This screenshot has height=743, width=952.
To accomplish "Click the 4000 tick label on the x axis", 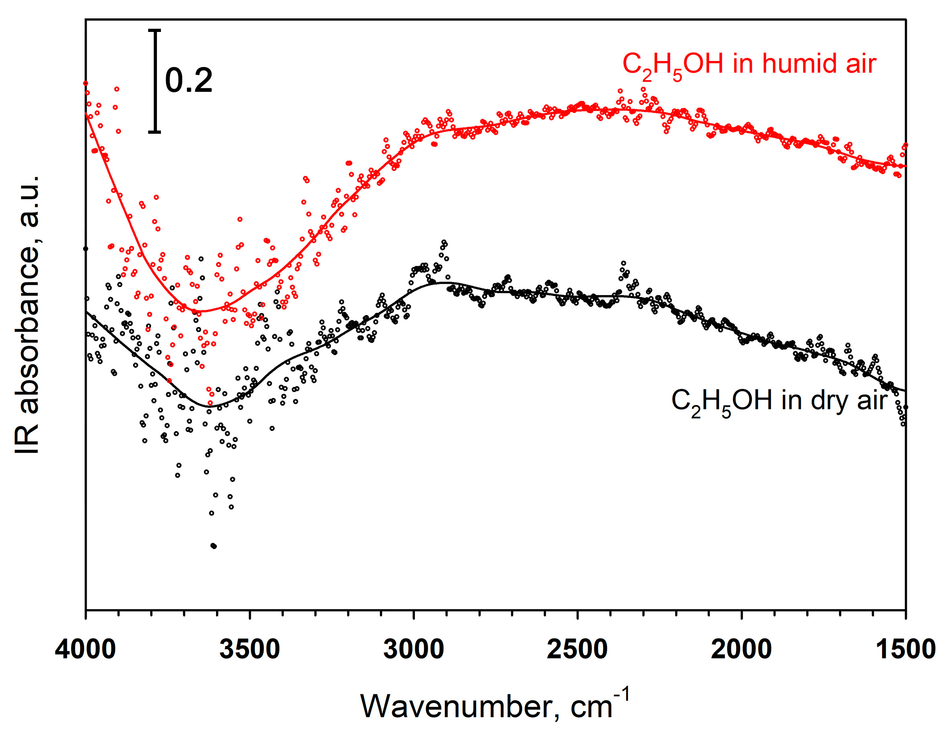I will click(85, 649).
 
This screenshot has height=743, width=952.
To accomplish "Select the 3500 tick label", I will click(249, 649).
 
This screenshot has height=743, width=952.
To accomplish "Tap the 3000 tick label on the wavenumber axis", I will click(413, 649).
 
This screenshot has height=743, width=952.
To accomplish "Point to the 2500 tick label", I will click(577, 649).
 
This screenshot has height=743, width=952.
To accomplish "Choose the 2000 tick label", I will click(741, 649).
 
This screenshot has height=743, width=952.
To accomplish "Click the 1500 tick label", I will click(905, 649).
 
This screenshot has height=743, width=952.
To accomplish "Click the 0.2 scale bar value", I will click(189, 81).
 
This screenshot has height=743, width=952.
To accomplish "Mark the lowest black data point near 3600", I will click(213, 546).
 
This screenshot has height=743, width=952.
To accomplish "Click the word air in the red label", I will click(861, 63).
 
